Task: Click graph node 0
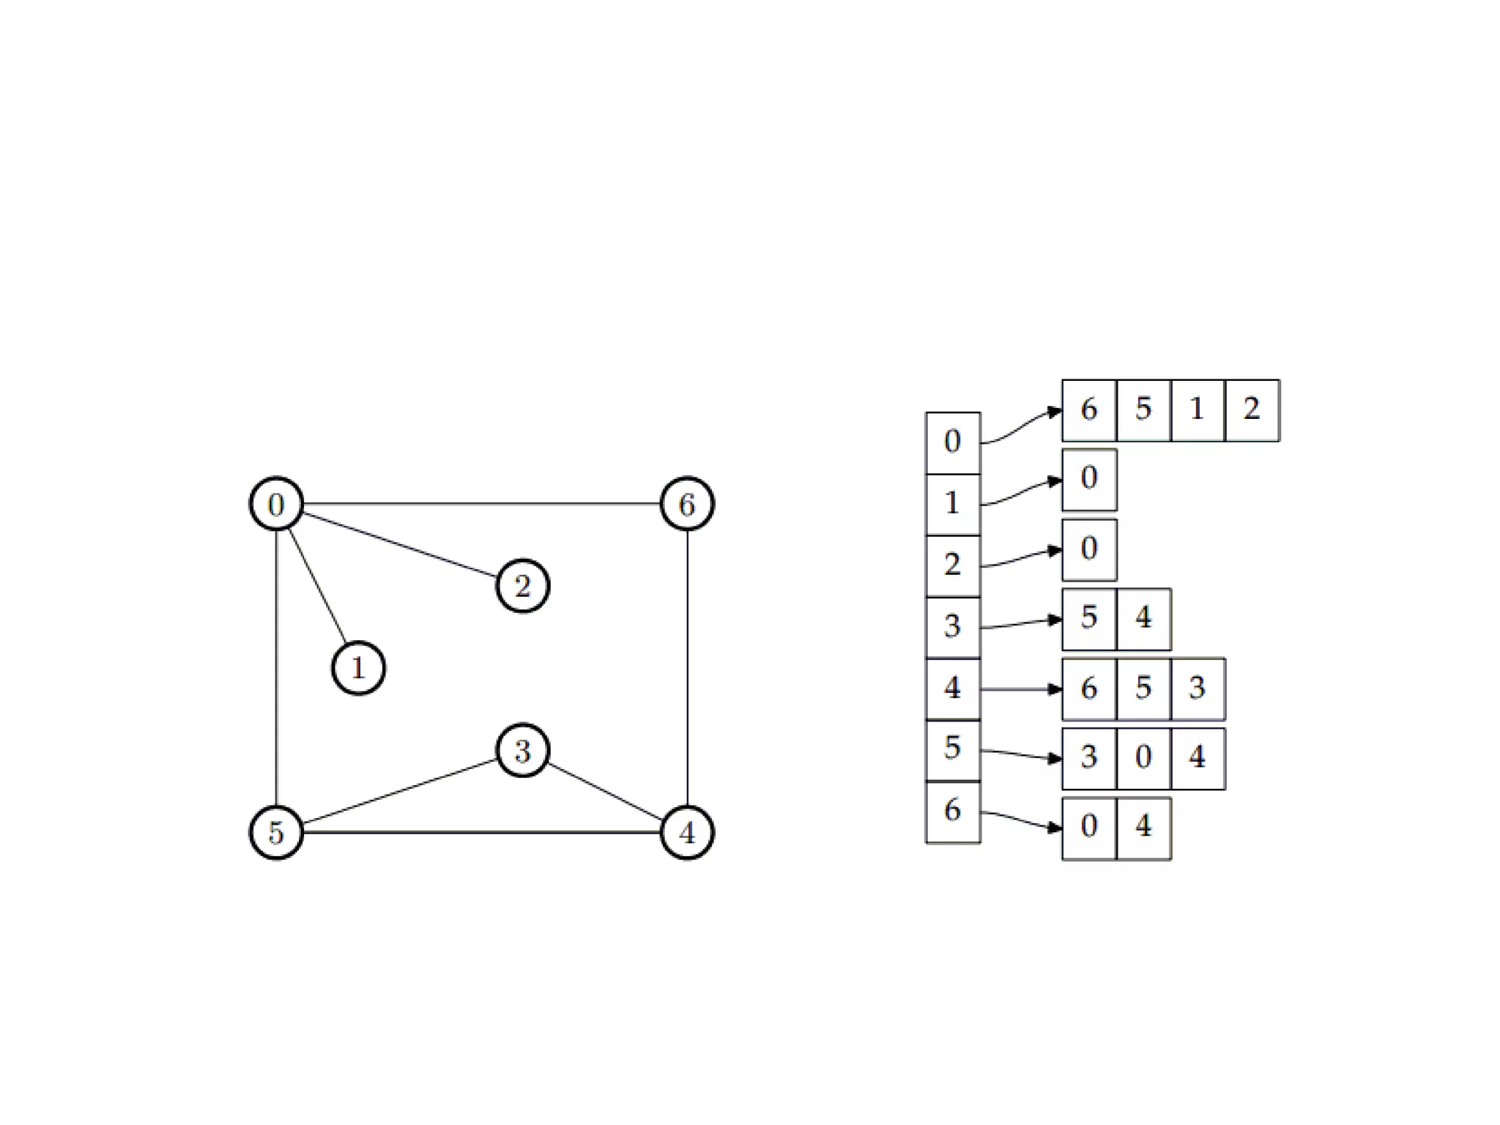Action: coord(276,504)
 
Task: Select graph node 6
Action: coord(686,504)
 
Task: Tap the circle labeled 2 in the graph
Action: coord(522,586)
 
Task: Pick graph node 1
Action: coord(358,668)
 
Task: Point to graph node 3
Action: coord(522,751)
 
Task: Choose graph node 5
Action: coord(276,832)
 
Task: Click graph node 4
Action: coord(686,832)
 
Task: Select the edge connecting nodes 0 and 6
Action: coord(481,504)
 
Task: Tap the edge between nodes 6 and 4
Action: coord(686,668)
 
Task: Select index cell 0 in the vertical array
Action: coord(953,442)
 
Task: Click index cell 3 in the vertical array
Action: coord(953,627)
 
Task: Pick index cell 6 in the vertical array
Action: coord(953,812)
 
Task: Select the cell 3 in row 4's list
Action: coord(1198,688)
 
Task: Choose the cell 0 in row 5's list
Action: coord(1143,758)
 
